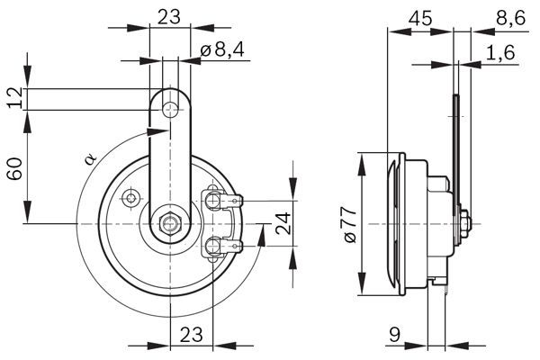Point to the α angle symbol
click(89, 160)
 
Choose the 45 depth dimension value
click(418, 16)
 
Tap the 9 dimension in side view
click(395, 335)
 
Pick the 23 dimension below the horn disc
click(189, 334)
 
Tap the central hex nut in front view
click(169, 223)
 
